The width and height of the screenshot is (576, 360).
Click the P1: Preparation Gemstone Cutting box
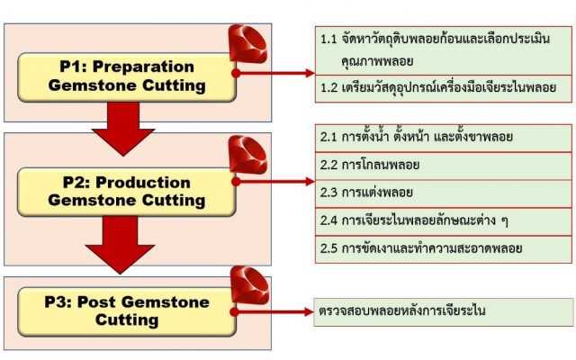tap(127, 76)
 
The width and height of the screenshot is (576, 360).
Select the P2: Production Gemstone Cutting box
tap(127, 190)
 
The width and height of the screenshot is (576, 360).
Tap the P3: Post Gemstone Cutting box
tap(127, 310)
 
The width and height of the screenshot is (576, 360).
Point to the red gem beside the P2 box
tap(247, 155)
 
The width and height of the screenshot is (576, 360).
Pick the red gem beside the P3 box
tap(247, 287)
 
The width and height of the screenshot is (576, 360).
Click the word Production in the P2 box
tap(143, 182)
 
